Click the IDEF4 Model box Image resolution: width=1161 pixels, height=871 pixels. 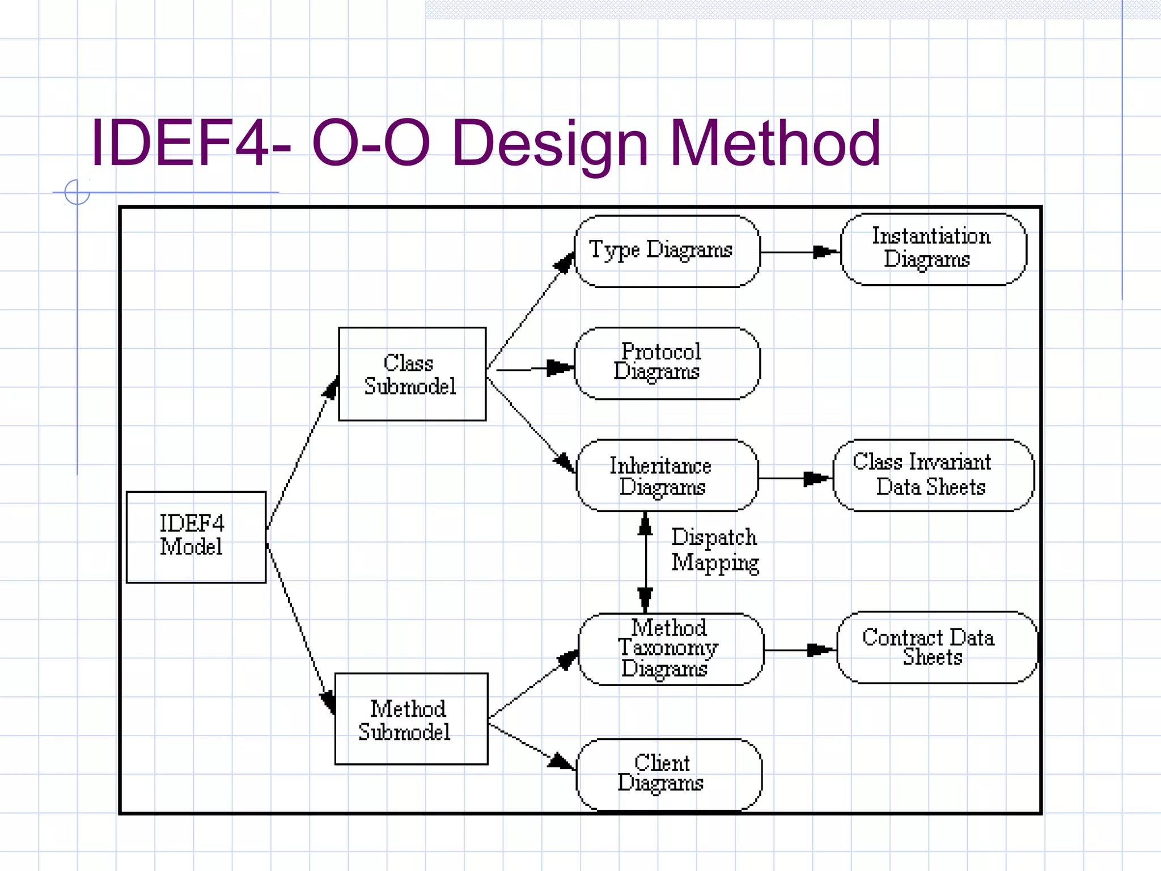pos(196,536)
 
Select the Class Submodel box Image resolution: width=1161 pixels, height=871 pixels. pos(412,374)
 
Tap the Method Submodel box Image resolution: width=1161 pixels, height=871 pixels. pos(411,718)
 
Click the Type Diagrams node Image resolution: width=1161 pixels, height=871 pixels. pos(667,251)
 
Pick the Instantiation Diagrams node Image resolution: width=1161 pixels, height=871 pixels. pos(933,248)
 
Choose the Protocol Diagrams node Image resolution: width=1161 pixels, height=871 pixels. pos(667,363)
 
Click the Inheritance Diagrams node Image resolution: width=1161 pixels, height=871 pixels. pos(667,475)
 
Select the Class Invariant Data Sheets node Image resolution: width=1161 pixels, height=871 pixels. pos(933,475)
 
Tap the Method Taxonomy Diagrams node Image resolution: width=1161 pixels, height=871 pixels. pos(671,649)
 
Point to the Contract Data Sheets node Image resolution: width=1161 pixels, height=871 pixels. pos(937,647)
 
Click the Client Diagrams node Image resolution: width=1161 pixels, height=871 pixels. pos(668,774)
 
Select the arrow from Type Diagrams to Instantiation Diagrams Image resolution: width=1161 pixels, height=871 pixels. pos(799,252)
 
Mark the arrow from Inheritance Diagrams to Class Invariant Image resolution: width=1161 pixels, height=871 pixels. pos(794,479)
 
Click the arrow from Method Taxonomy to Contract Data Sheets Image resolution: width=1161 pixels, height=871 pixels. pos(799,650)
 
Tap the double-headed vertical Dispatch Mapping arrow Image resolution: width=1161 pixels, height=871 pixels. pos(645,561)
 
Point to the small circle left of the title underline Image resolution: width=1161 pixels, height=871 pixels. pos(77,192)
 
